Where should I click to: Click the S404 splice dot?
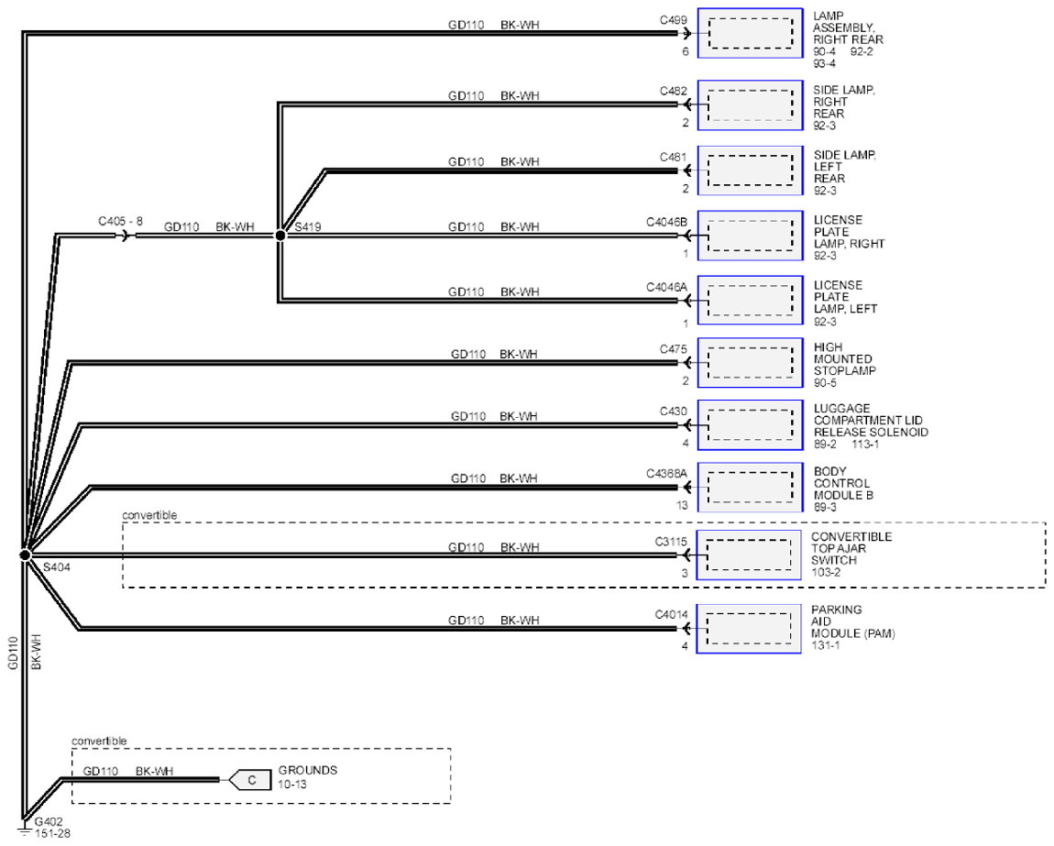click(25, 555)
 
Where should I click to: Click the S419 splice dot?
click(280, 236)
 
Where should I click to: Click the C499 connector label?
click(673, 20)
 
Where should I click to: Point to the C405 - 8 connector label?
click(120, 221)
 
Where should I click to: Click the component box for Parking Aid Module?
click(749, 629)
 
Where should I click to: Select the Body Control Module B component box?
click(750, 487)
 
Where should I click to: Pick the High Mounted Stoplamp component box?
click(750, 362)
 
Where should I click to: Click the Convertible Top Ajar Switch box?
click(749, 555)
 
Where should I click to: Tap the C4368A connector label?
click(667, 474)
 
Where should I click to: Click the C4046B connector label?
click(667, 222)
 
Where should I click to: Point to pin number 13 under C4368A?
click(682, 506)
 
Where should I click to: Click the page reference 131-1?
click(826, 645)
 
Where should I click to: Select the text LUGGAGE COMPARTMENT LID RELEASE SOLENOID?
click(871, 421)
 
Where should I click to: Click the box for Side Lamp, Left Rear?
click(750, 170)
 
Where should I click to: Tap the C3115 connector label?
click(671, 542)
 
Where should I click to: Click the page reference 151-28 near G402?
click(52, 834)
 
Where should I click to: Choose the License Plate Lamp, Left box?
click(750, 301)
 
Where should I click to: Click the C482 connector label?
click(673, 92)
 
